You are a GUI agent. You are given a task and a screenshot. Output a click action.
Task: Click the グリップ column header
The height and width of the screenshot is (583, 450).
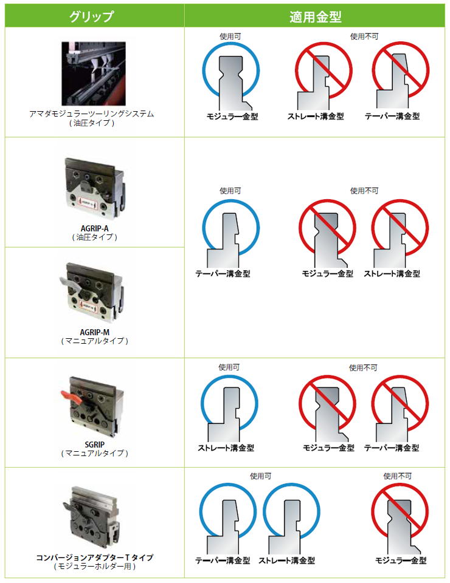click(x=92, y=16)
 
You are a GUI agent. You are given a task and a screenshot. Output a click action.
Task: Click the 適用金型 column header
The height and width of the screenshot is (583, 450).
click(x=315, y=17)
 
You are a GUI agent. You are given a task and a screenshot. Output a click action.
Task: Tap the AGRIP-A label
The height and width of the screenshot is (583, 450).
click(x=94, y=228)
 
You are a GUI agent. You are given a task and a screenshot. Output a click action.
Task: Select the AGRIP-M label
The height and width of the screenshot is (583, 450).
click(x=94, y=332)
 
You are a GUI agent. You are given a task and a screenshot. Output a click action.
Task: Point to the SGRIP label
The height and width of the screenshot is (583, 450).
click(x=94, y=445)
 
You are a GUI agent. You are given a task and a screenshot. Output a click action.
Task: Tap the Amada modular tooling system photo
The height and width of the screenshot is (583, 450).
click(x=94, y=73)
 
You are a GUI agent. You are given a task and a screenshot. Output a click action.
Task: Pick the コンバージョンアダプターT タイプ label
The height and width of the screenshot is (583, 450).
click(x=94, y=557)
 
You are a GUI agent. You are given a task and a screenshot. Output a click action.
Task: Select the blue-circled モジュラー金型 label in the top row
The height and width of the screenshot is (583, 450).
click(x=232, y=117)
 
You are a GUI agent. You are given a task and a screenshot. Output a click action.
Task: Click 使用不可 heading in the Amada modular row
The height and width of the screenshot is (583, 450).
click(x=364, y=36)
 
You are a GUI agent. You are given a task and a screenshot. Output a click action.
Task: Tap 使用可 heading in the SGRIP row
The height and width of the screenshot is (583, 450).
click(x=229, y=367)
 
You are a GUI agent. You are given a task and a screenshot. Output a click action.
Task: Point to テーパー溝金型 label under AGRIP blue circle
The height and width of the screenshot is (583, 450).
click(x=223, y=274)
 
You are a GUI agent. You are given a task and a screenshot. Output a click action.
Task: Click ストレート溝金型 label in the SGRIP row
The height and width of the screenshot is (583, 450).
click(x=226, y=448)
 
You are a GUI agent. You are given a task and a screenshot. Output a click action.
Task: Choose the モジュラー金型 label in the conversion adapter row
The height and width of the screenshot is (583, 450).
click(x=401, y=561)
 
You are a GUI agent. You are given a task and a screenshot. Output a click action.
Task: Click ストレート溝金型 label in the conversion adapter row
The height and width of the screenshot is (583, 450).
click(x=286, y=561)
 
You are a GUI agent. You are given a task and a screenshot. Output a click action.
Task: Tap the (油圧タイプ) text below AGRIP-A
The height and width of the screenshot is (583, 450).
click(x=94, y=237)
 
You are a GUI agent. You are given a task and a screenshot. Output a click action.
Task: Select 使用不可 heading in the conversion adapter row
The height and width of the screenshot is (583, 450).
click(x=398, y=476)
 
